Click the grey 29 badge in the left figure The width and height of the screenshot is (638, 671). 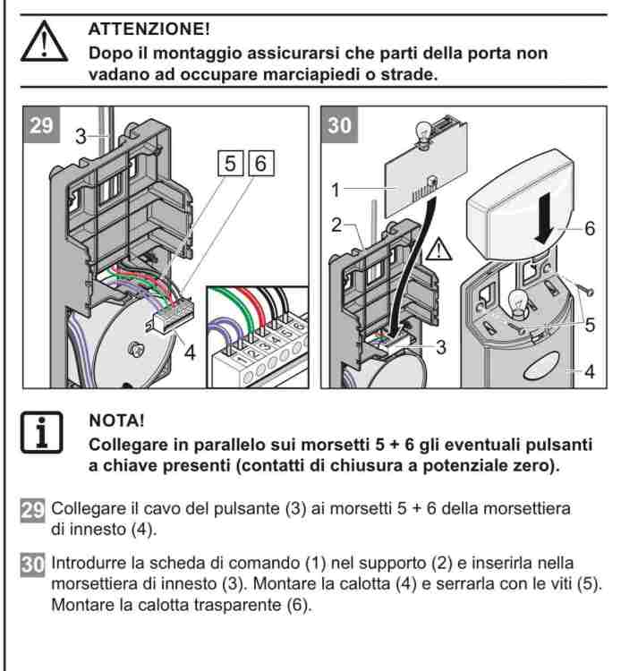(41, 125)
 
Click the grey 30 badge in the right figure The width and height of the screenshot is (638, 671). (339, 125)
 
